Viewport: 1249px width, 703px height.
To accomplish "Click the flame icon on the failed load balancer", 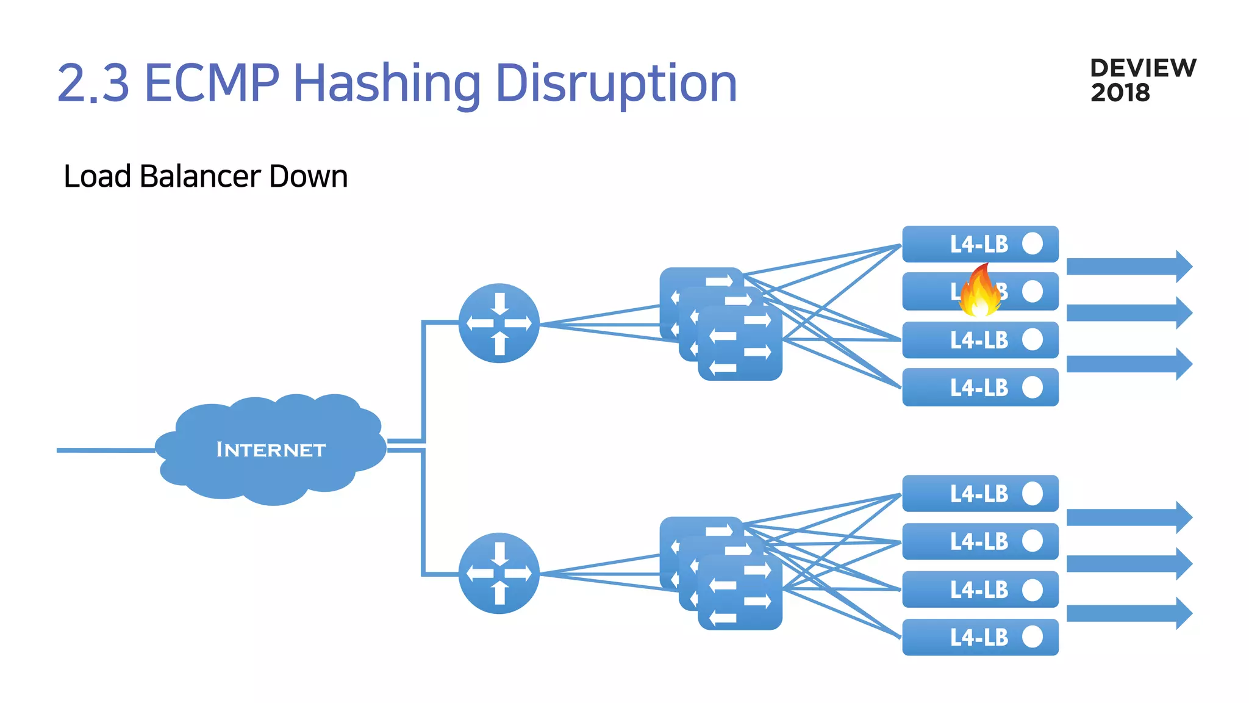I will [x=979, y=291].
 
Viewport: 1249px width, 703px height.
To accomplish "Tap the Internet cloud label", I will [x=271, y=450].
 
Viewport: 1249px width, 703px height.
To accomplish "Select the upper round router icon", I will [x=499, y=323].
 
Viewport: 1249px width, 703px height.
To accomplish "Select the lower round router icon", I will [x=499, y=573].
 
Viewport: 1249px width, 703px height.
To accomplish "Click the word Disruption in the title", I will [x=616, y=83].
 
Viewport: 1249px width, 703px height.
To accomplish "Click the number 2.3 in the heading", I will [x=93, y=83].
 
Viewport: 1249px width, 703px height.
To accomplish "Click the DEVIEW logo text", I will [x=1143, y=68].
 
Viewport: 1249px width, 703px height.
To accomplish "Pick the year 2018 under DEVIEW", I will [x=1120, y=93].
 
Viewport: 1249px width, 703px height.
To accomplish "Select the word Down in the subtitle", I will [x=308, y=176].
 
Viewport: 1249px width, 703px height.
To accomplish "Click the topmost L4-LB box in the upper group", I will [x=979, y=244].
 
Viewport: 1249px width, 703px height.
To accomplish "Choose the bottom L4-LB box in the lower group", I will [x=979, y=637].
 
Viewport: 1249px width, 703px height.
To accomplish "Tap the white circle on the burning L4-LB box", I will [x=1032, y=291].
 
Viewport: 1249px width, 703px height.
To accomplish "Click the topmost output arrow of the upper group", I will [x=1129, y=266].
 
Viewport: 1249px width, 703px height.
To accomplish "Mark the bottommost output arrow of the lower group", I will [x=1129, y=613].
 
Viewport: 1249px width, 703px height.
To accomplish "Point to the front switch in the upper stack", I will [x=740, y=344].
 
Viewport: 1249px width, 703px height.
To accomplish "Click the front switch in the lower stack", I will [x=740, y=593].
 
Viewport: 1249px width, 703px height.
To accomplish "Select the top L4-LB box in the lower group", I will [x=979, y=493].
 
